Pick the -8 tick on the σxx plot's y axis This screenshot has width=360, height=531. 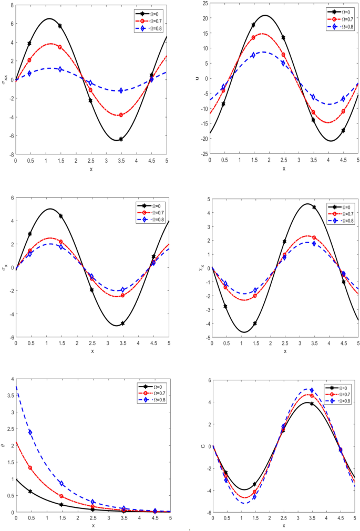coord(11,155)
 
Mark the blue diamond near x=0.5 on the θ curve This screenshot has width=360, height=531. coord(30,432)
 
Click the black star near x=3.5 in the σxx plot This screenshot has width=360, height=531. coord(121,139)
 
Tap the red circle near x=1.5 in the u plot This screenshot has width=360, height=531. coord(253,37)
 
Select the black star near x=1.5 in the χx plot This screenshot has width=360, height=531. coord(255,324)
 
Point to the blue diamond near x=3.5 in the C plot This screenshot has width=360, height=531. coord(312,390)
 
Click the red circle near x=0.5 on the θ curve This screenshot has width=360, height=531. coord(30,467)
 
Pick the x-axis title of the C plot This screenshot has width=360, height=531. coord(284,525)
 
